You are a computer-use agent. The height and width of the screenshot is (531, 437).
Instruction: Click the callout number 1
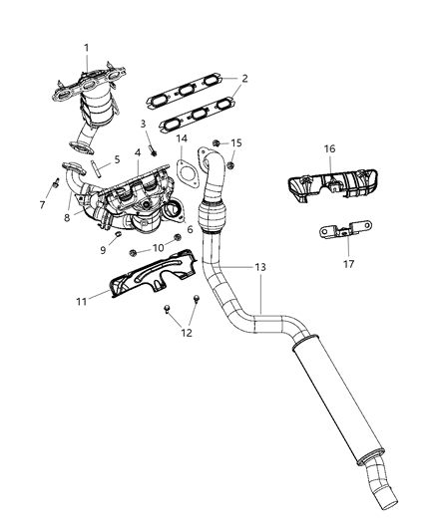(86, 48)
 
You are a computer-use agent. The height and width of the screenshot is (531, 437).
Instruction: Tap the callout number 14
(181, 140)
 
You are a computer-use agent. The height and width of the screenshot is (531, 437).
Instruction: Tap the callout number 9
(101, 250)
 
